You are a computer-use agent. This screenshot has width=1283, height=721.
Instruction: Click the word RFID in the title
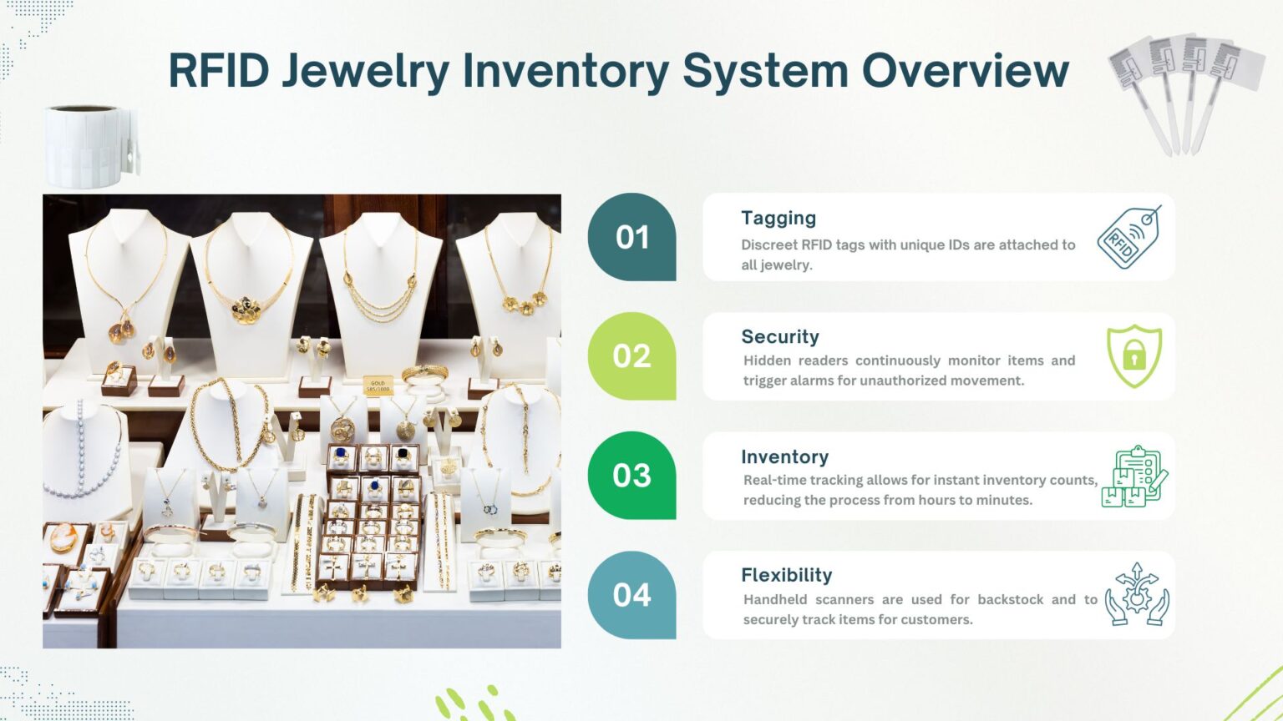point(219,70)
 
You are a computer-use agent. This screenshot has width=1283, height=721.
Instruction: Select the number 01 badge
point(632,238)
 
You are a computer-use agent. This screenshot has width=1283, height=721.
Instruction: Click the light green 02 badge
point(631,356)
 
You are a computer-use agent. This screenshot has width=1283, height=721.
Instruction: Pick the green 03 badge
point(631,476)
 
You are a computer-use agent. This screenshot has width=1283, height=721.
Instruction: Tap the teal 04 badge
point(631,595)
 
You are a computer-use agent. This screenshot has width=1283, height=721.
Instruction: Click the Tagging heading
point(778,218)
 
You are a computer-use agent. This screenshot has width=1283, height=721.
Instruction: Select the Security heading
point(780,336)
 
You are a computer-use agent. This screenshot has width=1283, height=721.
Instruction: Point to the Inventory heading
point(784,456)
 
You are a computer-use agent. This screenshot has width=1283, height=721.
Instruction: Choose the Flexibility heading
point(786,575)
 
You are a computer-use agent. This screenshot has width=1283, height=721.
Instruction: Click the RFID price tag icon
point(1129,238)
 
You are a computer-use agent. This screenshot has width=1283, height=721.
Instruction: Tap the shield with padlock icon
point(1133,356)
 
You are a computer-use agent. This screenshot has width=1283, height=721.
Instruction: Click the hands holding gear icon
point(1136,594)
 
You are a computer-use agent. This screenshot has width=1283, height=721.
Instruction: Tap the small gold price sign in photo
point(378,386)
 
